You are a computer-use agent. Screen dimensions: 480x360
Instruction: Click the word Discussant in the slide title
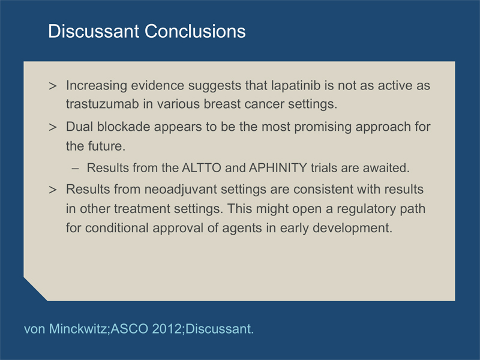pos(94,31)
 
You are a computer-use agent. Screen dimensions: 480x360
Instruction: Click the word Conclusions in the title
pos(195,31)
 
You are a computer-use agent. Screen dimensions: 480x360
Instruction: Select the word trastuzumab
pos(102,104)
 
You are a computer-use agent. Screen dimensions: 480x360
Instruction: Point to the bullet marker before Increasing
pos(53,86)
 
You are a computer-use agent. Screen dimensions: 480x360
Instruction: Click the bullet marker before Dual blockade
pos(53,127)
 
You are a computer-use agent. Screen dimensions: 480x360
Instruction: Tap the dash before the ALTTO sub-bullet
pos(75,169)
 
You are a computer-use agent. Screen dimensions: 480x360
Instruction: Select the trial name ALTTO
pos(202,168)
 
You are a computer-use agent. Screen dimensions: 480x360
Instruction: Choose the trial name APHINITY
pos(278,168)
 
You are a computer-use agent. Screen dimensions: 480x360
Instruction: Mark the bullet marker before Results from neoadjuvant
pos(53,190)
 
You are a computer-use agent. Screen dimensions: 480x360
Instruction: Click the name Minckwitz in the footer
pos(78,329)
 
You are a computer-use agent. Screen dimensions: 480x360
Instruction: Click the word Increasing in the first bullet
pos(97,86)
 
